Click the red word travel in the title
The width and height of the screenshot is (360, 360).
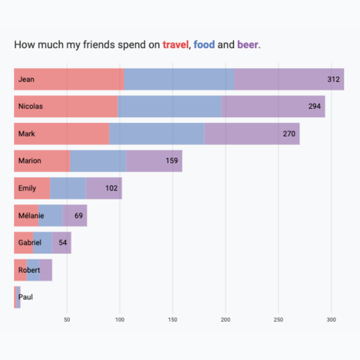[175, 45]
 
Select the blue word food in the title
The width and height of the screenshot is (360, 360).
[204, 45]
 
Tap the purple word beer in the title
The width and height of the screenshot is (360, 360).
[248, 45]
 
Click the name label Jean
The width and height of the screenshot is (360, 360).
[27, 79]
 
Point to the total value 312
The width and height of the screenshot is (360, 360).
[334, 79]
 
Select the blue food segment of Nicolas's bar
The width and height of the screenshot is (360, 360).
[169, 106]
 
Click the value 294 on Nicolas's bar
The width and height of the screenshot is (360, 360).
[315, 106]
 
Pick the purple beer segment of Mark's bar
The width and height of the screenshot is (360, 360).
[251, 133]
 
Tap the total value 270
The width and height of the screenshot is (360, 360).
[289, 133]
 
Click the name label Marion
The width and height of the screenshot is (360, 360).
[30, 160]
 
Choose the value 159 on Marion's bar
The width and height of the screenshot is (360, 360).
[172, 160]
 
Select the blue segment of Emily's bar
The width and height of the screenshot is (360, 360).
[67, 187]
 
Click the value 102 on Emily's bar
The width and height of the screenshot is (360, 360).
[112, 188]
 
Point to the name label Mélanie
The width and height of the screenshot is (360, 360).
[31, 215]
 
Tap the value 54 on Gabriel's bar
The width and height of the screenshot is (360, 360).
[64, 242]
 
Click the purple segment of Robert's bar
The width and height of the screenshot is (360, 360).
[46, 269]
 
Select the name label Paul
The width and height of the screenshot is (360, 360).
[25, 297]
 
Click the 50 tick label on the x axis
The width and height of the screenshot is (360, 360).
[67, 319]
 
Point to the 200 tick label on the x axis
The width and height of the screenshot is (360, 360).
[226, 319]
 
